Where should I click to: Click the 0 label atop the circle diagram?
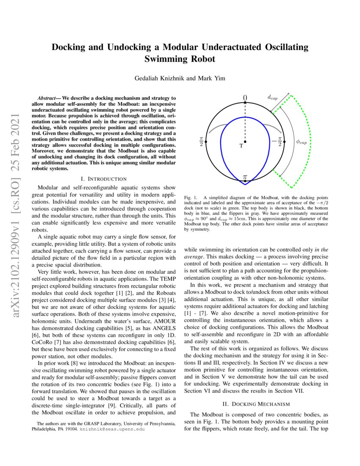click(x=245, y=97)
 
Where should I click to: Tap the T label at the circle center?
click(x=241, y=146)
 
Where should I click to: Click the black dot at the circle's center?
click(x=245, y=141)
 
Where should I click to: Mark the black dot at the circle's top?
click(x=245, y=103)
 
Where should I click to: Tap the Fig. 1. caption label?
click(x=191, y=198)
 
